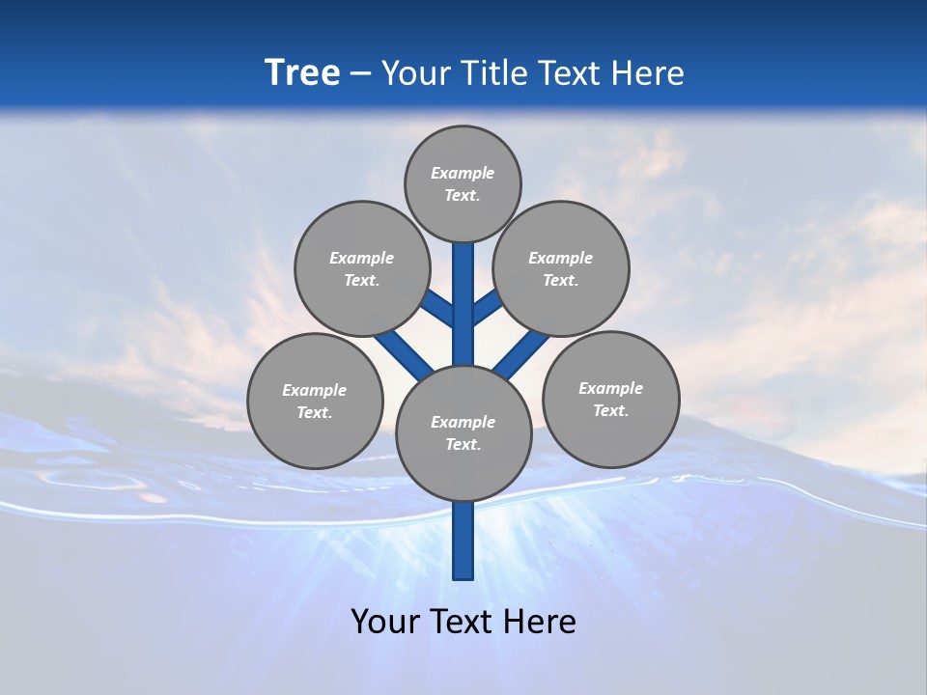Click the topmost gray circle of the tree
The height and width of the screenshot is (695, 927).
click(x=463, y=183)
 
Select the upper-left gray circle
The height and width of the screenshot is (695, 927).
click(x=362, y=268)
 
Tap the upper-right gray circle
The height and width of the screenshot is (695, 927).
click(x=561, y=268)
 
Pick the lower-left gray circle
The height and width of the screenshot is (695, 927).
click(x=315, y=401)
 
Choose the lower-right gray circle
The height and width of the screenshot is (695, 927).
click(x=611, y=399)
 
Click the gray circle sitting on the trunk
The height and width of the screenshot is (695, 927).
click(x=463, y=433)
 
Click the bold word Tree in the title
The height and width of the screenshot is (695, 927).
click(x=302, y=72)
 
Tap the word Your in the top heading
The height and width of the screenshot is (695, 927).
click(x=415, y=73)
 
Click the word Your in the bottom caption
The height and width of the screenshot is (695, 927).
click(x=385, y=621)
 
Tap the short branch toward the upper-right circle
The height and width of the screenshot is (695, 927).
click(x=487, y=307)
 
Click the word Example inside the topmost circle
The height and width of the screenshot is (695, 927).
click(x=463, y=173)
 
